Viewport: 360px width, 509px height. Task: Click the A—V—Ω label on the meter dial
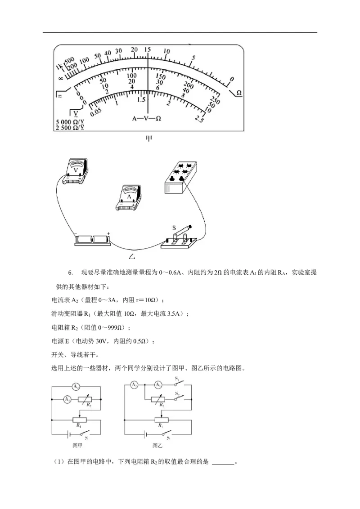tap(147, 119)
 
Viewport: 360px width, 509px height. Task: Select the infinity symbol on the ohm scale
tap(61, 79)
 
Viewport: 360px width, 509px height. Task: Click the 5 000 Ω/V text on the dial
tap(70, 122)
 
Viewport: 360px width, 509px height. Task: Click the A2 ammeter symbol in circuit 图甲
tap(76, 387)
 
